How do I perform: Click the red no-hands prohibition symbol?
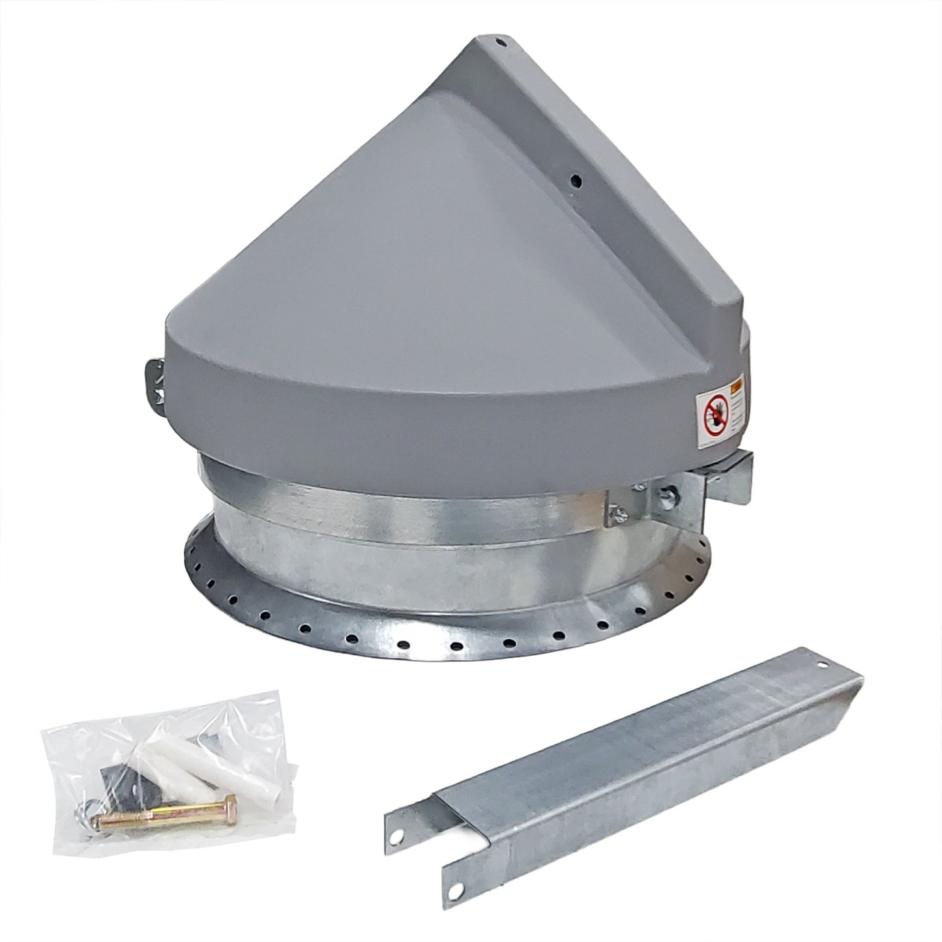(x=715, y=415)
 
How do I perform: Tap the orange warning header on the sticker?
(x=736, y=386)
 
